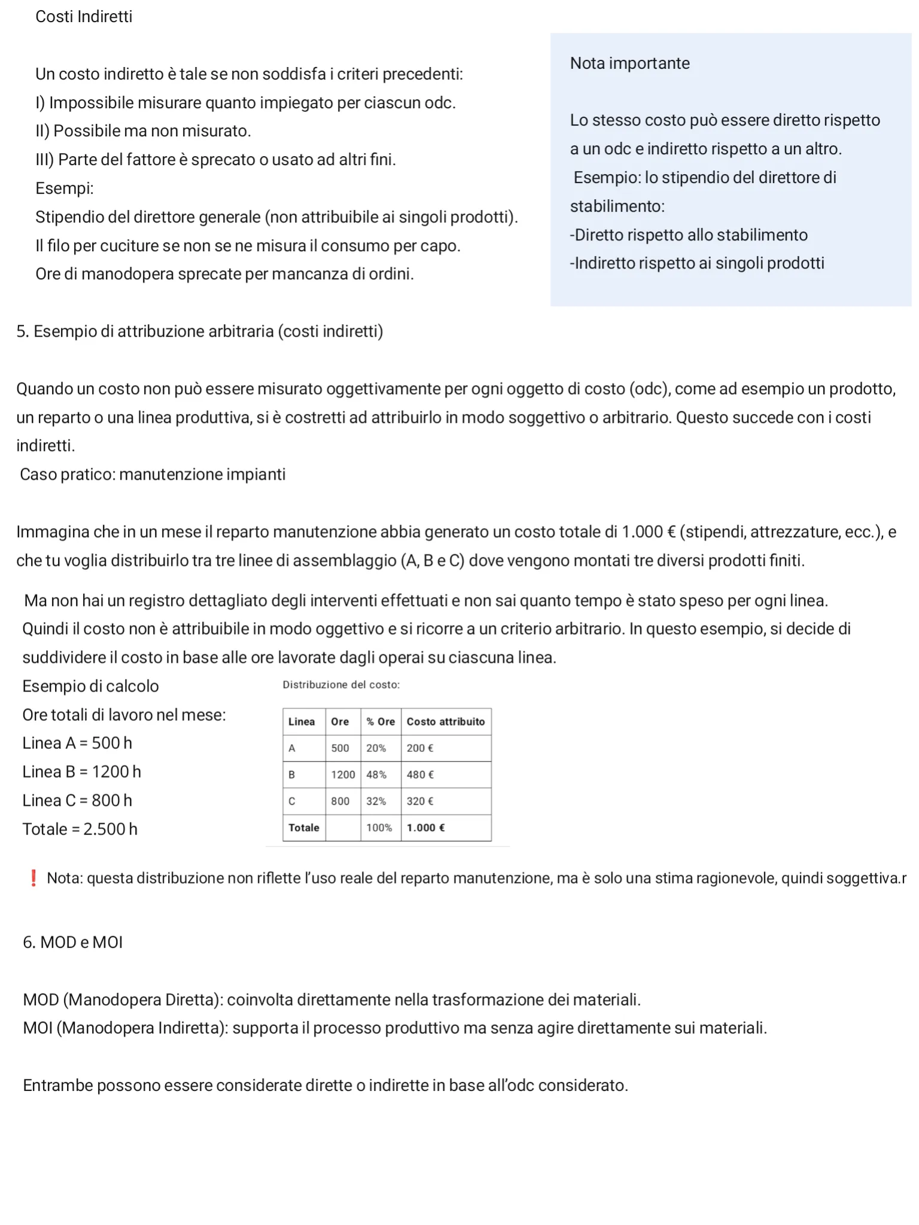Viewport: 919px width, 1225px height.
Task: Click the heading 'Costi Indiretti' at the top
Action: [84, 17]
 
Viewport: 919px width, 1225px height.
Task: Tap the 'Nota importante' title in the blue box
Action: [629, 63]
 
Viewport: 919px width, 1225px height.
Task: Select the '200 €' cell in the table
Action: [420, 748]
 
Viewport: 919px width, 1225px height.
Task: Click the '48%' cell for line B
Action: [376, 775]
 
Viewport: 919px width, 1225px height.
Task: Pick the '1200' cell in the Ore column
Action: [343, 775]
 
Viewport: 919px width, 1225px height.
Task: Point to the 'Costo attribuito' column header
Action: [446, 722]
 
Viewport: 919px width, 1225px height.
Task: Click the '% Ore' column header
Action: [381, 722]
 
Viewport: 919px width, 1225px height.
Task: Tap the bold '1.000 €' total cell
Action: [425, 828]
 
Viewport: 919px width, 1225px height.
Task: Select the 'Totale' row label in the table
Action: [304, 828]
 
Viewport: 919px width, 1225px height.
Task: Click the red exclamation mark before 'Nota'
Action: [34, 878]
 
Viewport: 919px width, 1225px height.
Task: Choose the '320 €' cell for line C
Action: [420, 802]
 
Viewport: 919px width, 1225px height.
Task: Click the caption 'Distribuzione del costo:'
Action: [341, 685]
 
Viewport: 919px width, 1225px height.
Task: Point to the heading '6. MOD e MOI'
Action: [72, 942]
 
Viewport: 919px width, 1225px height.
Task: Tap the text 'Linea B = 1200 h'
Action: [81, 772]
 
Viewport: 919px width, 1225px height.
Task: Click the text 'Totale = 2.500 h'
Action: [80, 829]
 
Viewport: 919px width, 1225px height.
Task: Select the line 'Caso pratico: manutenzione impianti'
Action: [153, 474]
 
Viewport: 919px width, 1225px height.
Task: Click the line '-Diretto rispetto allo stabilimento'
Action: [689, 235]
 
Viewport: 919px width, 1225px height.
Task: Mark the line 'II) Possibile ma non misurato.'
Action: [143, 131]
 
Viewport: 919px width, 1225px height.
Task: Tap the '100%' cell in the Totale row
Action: [379, 828]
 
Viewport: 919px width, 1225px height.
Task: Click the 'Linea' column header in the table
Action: [302, 722]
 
